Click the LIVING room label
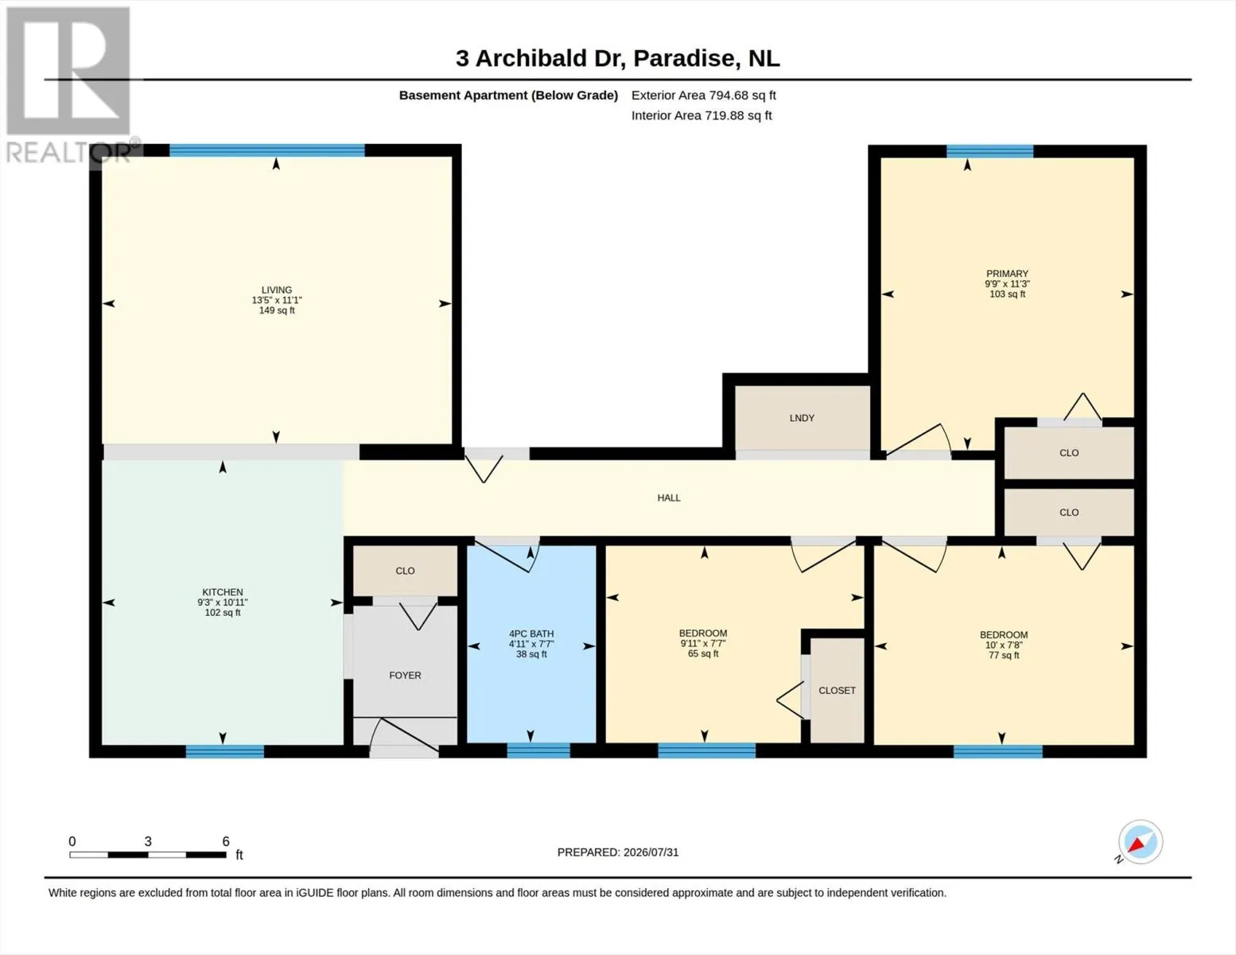point(277,290)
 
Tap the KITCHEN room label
point(223,592)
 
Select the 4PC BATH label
point(531,633)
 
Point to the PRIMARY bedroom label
point(1007,274)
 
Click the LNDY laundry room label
point(802,418)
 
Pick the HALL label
point(669,498)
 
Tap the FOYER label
point(405,676)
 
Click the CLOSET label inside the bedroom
point(837,690)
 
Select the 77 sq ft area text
point(1004,655)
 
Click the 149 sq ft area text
point(277,310)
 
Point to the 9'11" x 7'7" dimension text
point(703,644)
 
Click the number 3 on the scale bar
point(148,841)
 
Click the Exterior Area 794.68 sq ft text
point(704,95)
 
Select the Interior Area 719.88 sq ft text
point(702,115)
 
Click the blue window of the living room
point(267,150)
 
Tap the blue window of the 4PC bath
point(538,750)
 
